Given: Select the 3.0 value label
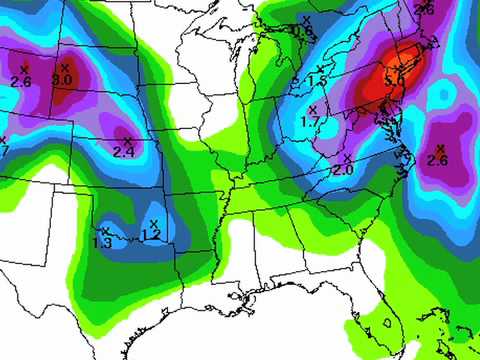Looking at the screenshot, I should pos(62,79).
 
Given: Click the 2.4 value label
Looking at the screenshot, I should pos(124,152).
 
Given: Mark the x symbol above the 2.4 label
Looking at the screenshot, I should pos(127,139).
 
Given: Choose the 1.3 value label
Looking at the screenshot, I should pos(102,243).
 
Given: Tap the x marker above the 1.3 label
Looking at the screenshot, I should pos(105,231).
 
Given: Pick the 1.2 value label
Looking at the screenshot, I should pos(151,235).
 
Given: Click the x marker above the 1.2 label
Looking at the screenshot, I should pos(154,222).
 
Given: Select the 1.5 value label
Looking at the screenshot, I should pos(317,80).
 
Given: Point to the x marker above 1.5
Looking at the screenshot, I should pos(320,68).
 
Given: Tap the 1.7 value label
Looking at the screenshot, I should pos(310,121).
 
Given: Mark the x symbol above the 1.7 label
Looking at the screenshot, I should pos(313,108).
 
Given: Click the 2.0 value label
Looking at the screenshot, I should pos(343,171).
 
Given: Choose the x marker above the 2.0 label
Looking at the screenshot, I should pos(347,158).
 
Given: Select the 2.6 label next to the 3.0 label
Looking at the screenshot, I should pos(21,80).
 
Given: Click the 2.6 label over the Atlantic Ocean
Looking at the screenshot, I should pos(436,160).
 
